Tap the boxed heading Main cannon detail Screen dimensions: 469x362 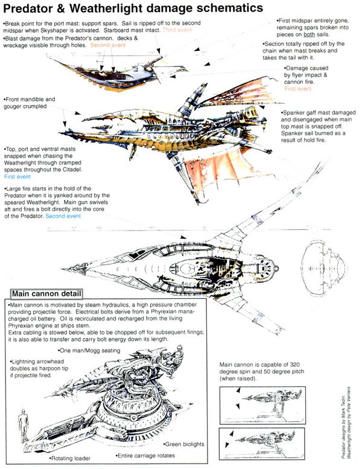tap(46, 295)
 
